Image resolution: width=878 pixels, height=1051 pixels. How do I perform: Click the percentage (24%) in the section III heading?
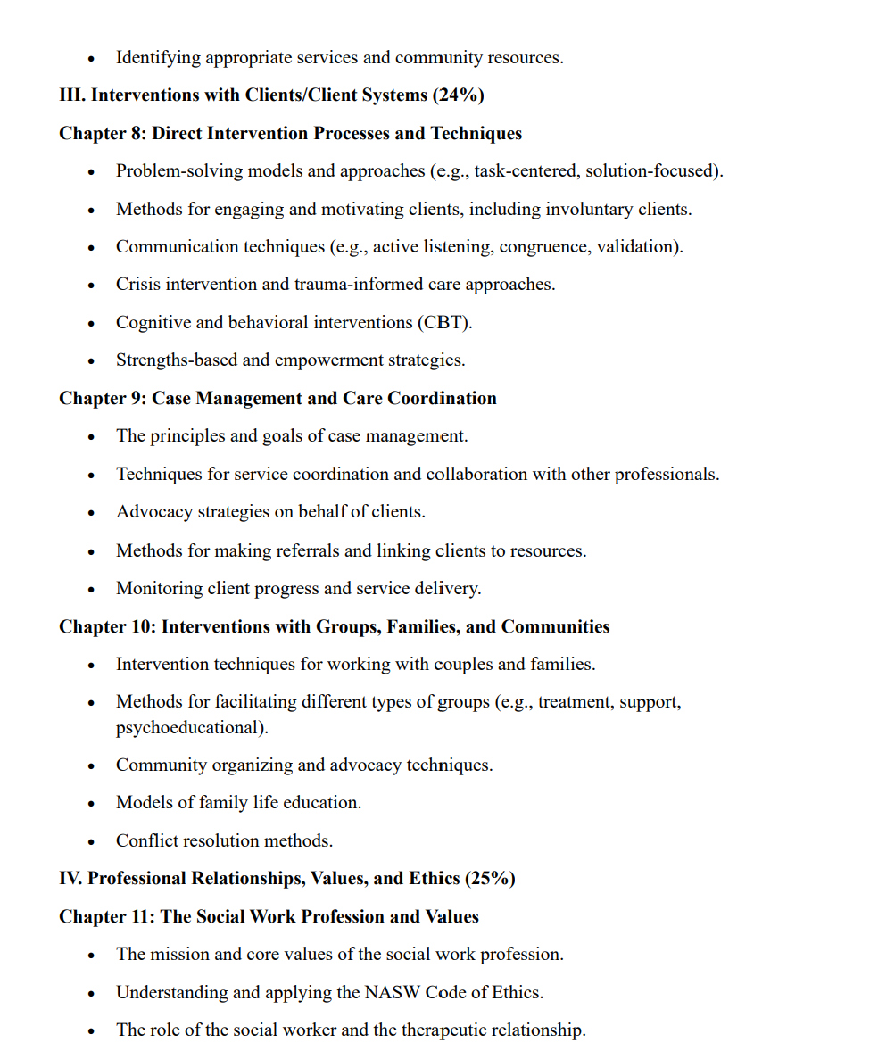click(458, 95)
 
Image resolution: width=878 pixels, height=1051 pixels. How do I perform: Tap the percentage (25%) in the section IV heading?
click(489, 879)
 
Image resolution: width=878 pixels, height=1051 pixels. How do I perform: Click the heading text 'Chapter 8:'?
click(103, 134)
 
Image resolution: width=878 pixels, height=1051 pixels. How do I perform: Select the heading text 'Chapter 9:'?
click(103, 399)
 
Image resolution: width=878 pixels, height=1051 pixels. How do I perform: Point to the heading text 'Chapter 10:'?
click(107, 627)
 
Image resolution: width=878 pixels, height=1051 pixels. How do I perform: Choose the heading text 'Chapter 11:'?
click(107, 917)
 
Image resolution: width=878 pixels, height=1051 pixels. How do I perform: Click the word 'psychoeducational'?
click(190, 728)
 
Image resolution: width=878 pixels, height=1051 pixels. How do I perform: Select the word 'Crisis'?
click(139, 285)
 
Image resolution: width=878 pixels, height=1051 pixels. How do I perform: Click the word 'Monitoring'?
click(158, 589)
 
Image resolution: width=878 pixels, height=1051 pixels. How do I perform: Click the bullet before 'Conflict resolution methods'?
click(91, 841)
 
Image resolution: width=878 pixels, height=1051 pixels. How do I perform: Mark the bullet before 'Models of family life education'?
click(91, 804)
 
